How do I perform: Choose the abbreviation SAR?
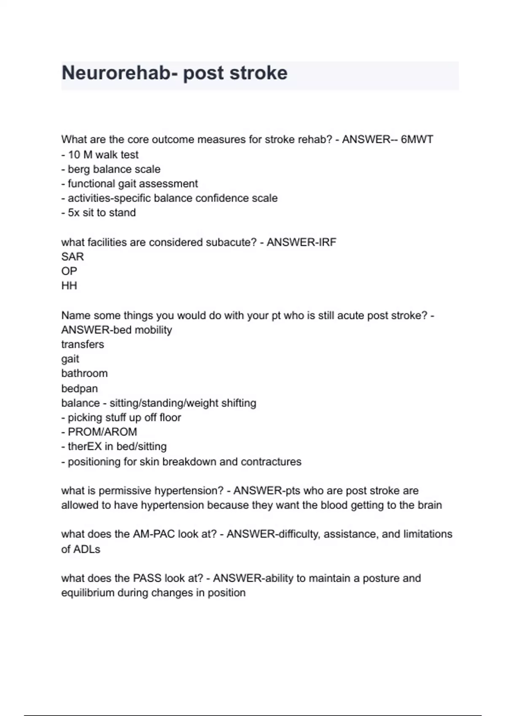(x=73, y=256)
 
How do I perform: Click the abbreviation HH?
(x=69, y=286)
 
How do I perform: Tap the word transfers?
(x=83, y=345)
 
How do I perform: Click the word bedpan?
(x=79, y=388)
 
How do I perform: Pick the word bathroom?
(x=84, y=374)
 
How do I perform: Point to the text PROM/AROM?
(x=102, y=432)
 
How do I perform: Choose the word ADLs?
(x=88, y=549)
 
